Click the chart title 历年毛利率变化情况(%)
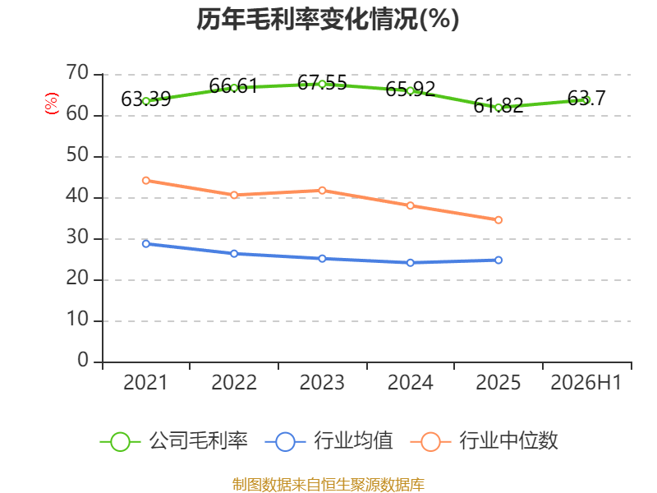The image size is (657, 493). tap(328, 19)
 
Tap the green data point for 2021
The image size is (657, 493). tap(146, 101)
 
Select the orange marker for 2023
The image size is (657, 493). tap(322, 191)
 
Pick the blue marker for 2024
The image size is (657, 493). tap(410, 263)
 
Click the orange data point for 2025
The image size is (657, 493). tap(498, 220)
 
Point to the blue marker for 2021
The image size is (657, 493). tap(146, 243)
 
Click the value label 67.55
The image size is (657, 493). tap(322, 83)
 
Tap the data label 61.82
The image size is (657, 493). tap(498, 105)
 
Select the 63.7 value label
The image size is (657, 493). tap(586, 99)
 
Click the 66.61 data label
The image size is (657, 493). tap(233, 86)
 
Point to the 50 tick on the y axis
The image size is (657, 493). tap(77, 155)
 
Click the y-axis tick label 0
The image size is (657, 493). tap(83, 361)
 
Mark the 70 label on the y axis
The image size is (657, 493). tap(77, 73)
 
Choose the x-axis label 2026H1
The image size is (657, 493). tap(586, 383)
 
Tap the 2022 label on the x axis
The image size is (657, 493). tap(234, 383)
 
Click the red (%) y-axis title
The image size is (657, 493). tap(52, 104)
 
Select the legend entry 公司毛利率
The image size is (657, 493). tap(174, 441)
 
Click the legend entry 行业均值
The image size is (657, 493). tap(329, 441)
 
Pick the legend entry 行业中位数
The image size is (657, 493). tap(484, 441)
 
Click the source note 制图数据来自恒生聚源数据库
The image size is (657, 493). tap(328, 485)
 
